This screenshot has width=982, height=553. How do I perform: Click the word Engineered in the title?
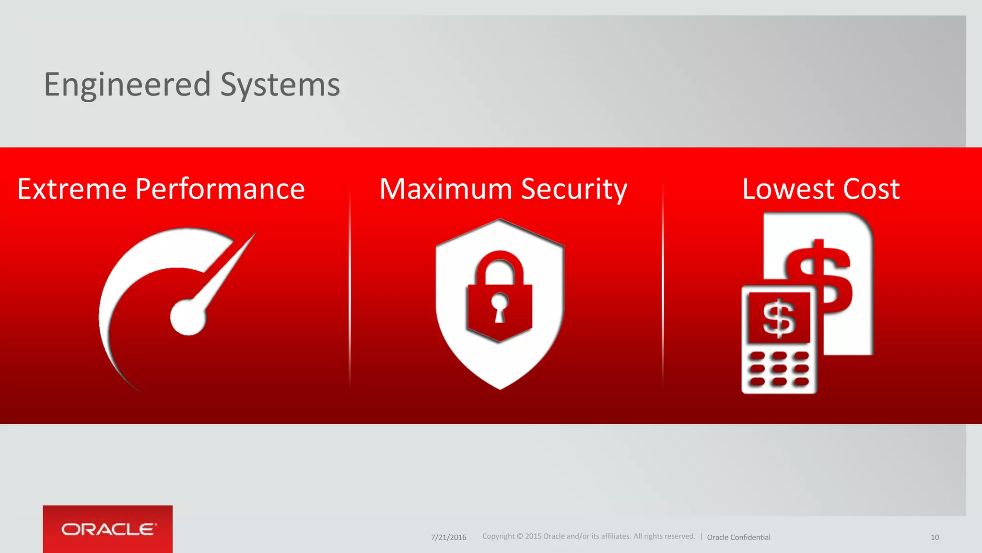127,84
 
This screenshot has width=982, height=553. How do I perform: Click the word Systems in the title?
280,84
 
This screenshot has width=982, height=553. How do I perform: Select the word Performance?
220,189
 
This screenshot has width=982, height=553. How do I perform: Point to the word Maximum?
446,189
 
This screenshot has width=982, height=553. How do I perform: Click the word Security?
574,190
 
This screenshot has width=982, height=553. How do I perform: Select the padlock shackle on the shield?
500,266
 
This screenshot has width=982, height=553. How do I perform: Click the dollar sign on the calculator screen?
779,318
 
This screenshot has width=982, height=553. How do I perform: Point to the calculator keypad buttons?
779,369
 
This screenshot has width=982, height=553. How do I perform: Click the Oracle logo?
108,529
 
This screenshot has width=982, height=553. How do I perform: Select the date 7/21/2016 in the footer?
448,537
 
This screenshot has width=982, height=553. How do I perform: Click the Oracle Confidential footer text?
738,537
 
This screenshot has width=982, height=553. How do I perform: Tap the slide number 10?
935,537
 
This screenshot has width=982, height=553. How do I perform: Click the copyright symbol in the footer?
519,536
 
